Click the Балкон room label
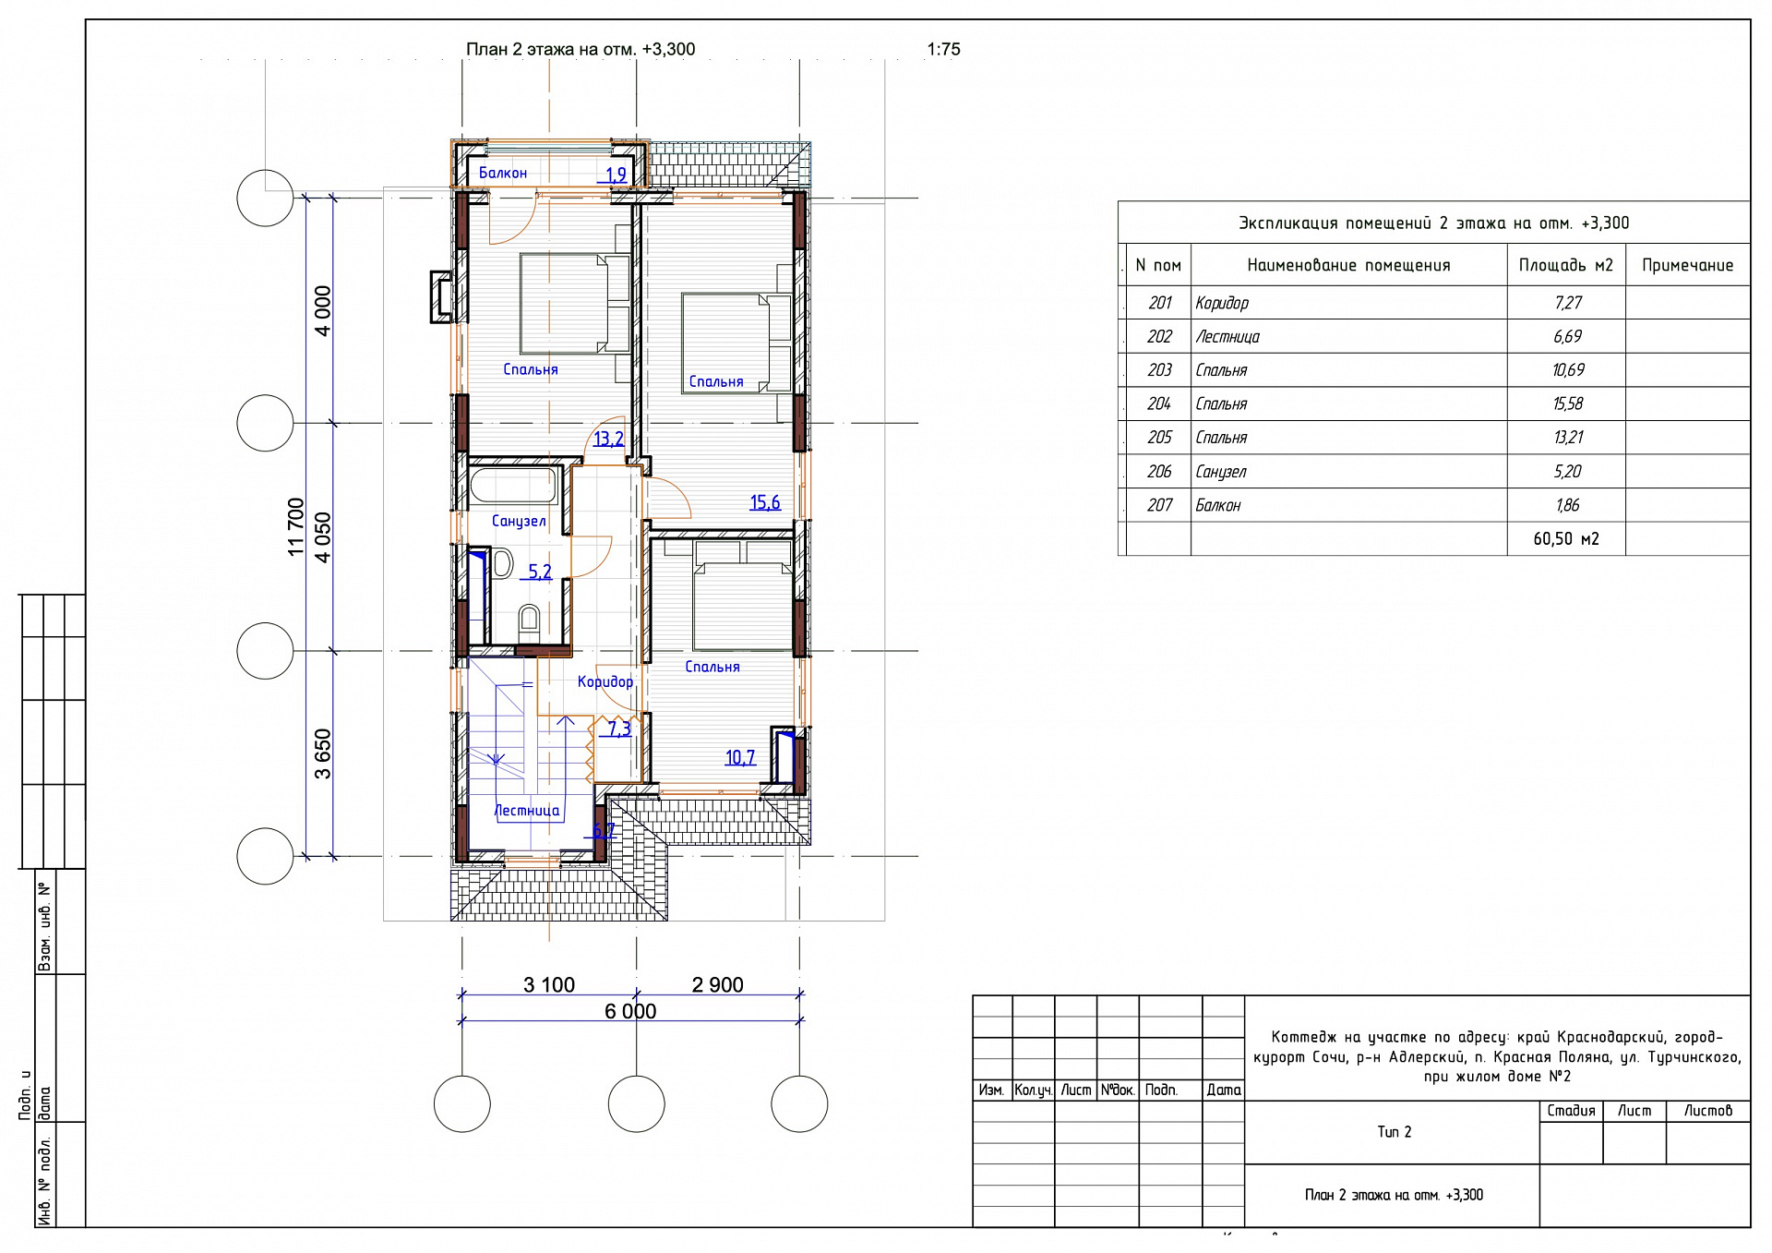click(x=503, y=174)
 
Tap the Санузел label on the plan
click(x=519, y=522)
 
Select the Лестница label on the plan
click(x=527, y=811)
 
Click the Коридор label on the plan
click(x=605, y=682)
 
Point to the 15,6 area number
click(x=765, y=502)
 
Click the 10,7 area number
click(x=740, y=758)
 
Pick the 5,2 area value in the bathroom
click(x=540, y=572)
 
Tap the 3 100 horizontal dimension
click(x=549, y=985)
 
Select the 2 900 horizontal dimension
click(x=718, y=985)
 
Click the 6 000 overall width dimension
click(x=630, y=1012)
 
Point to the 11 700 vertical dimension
click(x=296, y=527)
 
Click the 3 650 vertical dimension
click(x=322, y=754)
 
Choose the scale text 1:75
click(x=943, y=50)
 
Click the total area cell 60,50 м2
click(x=1566, y=539)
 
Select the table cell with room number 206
click(x=1159, y=472)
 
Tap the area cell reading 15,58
click(x=1567, y=404)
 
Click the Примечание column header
click(x=1687, y=266)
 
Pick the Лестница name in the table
click(x=1227, y=337)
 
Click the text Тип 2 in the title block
click(x=1394, y=1132)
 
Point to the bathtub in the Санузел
click(x=514, y=486)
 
